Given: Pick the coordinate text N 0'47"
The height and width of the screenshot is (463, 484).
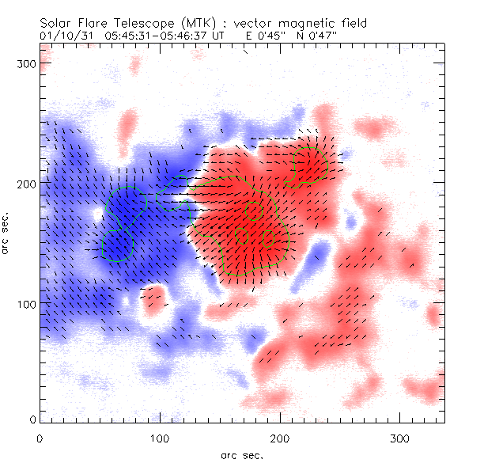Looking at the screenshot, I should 320,36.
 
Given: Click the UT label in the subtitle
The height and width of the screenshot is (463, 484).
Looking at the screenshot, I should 220,36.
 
